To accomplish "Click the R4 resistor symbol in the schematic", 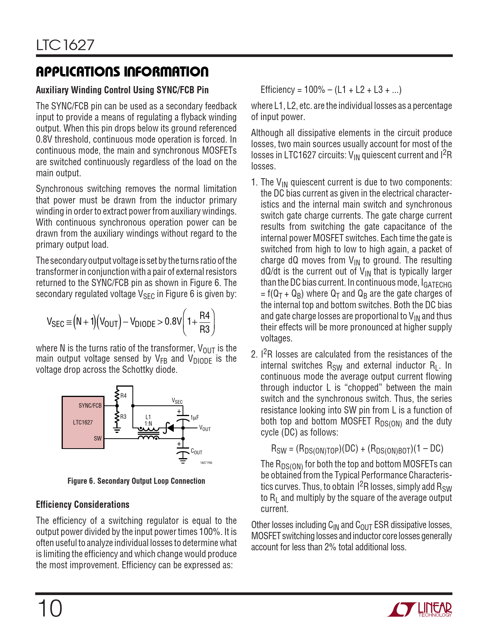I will tap(117, 396).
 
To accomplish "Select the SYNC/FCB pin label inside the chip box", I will tap(90, 405).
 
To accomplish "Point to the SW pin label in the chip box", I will tap(98, 438).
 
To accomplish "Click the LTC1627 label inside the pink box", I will tap(83, 422).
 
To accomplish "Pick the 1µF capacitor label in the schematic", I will tap(195, 417).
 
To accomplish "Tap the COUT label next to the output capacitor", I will tap(196, 452).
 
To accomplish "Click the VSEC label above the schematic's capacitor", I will tap(177, 401).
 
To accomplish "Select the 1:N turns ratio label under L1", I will tap(148, 423).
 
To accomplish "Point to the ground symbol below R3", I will tap(117, 431).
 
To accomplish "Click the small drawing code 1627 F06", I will tap(206, 463).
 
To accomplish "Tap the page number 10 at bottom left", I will tap(49, 608).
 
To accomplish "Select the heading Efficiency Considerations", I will tap(83, 504).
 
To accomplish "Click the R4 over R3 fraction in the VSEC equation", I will tap(205, 322).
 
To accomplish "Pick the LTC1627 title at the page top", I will tap(65, 45).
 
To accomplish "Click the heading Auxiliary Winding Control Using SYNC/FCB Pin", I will tap(122, 90).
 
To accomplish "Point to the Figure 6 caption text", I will tap(136, 481).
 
